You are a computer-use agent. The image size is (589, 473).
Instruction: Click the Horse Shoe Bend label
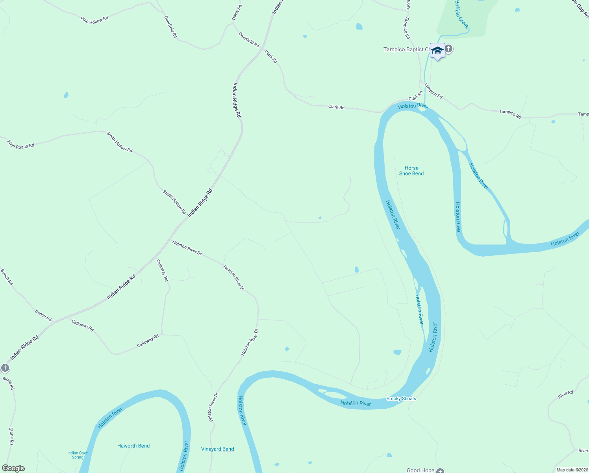[411, 171]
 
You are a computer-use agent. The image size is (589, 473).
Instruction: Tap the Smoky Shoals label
[401, 399]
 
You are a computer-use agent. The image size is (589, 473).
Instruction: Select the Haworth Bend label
[133, 446]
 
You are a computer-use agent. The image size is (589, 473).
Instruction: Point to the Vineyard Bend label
[217, 449]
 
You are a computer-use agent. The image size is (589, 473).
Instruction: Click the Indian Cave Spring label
[78, 455]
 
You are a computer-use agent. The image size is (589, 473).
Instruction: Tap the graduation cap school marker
[437, 51]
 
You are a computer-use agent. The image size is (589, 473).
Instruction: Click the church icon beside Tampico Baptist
[448, 49]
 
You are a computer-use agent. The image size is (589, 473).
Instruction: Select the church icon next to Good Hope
[440, 470]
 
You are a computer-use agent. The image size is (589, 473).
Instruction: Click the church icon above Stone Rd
[5, 368]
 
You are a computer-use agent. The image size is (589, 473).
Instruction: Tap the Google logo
[13, 468]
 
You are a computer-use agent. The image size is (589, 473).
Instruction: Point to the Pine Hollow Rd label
[94, 20]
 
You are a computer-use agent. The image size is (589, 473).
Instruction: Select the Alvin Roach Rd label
[20, 145]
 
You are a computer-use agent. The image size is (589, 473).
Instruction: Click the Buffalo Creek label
[461, 15]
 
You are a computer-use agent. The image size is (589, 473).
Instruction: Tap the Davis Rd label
[237, 13]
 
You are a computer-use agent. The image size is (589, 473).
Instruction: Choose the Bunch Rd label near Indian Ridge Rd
[43, 315]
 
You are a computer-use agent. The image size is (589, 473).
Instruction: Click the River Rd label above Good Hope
[565, 394]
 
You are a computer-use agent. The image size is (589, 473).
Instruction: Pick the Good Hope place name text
[420, 470]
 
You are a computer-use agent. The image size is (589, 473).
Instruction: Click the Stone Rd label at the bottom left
[11, 436]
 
